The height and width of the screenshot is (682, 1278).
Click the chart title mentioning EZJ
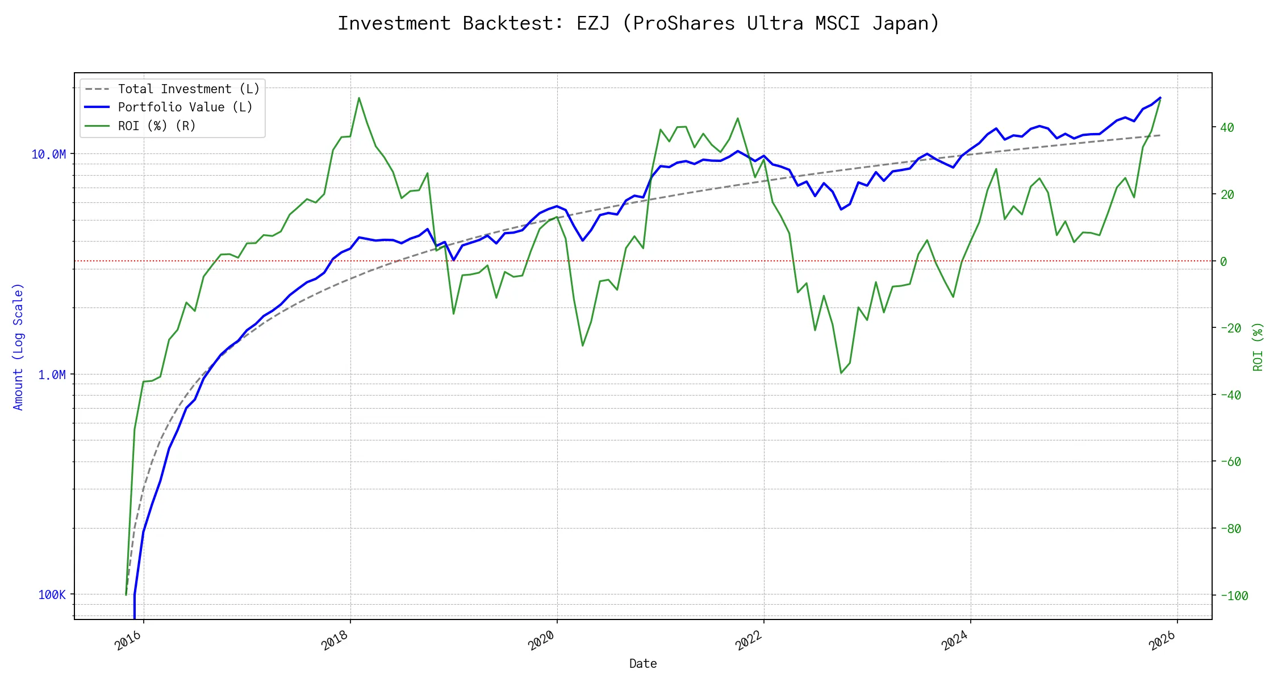(x=638, y=23)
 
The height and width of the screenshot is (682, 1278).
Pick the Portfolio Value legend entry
(x=185, y=107)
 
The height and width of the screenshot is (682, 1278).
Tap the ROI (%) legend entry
(x=157, y=126)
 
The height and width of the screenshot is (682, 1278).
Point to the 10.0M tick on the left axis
(x=48, y=155)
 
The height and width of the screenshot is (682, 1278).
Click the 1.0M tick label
(x=52, y=375)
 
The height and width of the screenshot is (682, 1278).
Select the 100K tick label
(x=52, y=595)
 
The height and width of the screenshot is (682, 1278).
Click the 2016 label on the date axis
(x=128, y=641)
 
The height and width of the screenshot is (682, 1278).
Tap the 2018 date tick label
(x=335, y=641)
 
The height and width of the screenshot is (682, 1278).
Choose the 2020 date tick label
(x=542, y=641)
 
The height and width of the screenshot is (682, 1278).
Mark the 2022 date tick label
(x=749, y=641)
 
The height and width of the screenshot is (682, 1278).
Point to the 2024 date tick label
(x=955, y=641)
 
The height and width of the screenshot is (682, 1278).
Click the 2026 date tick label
(x=1162, y=641)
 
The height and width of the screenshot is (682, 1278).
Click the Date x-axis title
(x=643, y=664)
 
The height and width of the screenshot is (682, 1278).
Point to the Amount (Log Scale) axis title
(x=18, y=347)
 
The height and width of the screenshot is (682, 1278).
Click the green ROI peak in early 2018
(x=359, y=98)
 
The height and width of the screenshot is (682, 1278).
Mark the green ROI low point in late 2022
(x=841, y=373)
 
